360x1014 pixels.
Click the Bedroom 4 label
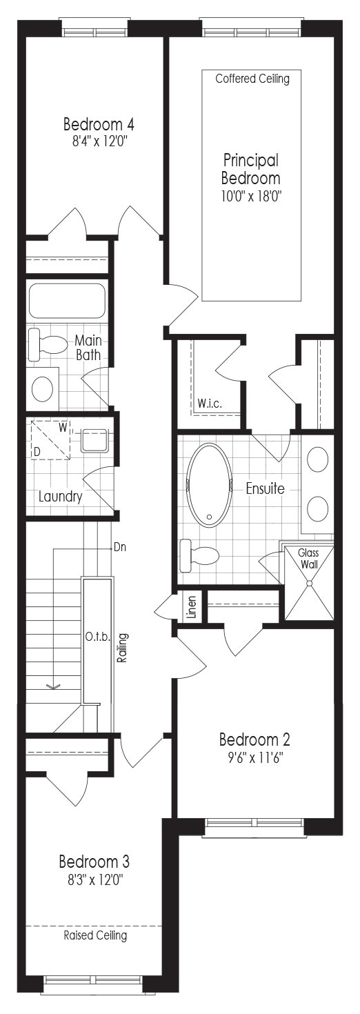pyautogui.click(x=99, y=123)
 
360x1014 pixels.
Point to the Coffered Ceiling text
pyautogui.click(x=252, y=79)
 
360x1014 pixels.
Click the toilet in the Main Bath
pyautogui.click(x=47, y=341)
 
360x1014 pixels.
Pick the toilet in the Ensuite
pyautogui.click(x=199, y=555)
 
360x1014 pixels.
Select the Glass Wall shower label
pyautogui.click(x=308, y=558)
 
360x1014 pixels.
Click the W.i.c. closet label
pyautogui.click(x=210, y=404)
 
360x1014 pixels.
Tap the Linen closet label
pyautogui.click(x=192, y=607)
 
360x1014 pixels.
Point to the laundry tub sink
pyautogui.click(x=94, y=441)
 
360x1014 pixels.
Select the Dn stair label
pyautogui.click(x=119, y=547)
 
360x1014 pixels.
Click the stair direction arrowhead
pyautogui.click(x=53, y=687)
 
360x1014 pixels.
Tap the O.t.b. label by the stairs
pyautogui.click(x=97, y=637)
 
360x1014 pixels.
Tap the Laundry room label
pyautogui.click(x=60, y=497)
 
